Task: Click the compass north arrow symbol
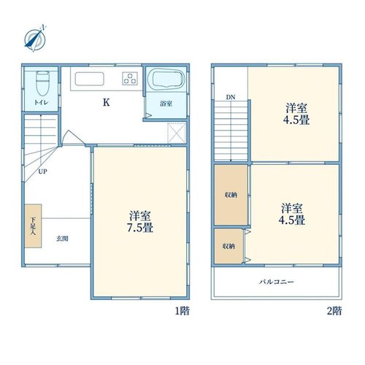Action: click(35, 39)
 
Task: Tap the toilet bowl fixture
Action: click(42, 83)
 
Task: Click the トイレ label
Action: click(41, 102)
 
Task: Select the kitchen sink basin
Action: click(90, 79)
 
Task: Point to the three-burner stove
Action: click(130, 78)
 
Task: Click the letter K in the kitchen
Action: click(106, 102)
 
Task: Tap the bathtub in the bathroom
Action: click(166, 78)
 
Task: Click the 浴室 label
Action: click(166, 104)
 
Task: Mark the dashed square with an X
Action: click(177, 133)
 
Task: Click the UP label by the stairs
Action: click(42, 172)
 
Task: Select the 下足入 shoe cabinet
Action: click(33, 226)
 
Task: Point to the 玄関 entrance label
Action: click(62, 239)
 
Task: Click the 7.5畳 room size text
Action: click(140, 228)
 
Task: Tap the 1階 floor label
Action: click(182, 311)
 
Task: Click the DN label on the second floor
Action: click(231, 97)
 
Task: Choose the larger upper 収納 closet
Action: click(231, 195)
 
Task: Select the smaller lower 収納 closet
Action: click(228, 246)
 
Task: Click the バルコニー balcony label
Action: click(277, 282)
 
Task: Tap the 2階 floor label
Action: click(334, 311)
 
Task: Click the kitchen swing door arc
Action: click(74, 137)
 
